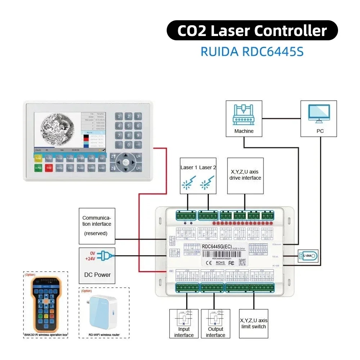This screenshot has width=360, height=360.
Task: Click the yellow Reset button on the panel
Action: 39,158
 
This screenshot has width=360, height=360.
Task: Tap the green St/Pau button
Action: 39,168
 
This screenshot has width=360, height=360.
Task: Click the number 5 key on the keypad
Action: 128,126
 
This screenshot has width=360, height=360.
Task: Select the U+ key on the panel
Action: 138,157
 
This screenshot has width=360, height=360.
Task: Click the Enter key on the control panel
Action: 102,168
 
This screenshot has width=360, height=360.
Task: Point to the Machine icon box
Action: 244,118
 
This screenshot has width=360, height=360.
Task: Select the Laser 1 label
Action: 189,167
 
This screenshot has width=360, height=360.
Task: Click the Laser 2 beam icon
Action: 207,183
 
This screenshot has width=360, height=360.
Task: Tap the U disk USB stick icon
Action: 308,256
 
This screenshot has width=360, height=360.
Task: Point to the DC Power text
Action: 97,275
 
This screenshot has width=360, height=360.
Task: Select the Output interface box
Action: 215,323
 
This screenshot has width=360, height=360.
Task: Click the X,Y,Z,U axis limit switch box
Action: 254,323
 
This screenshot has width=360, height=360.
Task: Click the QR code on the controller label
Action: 242,262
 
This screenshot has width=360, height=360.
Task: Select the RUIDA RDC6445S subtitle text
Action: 252,51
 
